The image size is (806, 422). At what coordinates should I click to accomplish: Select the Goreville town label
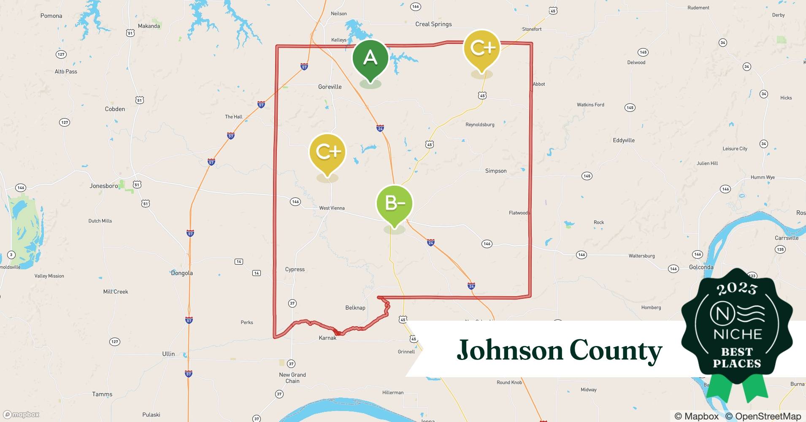(330, 87)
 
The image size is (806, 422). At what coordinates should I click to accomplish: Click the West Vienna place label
(332, 208)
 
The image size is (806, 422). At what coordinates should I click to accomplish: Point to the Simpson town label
(495, 171)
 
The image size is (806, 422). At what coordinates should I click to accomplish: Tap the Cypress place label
(295, 269)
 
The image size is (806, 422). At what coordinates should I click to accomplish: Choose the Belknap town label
(355, 308)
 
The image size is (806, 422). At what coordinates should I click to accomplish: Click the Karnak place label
(327, 338)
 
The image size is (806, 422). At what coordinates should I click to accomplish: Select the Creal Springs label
(433, 24)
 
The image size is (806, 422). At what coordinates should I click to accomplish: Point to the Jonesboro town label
(104, 186)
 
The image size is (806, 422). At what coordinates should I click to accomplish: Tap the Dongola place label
(182, 273)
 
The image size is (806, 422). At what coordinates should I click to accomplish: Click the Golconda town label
(701, 267)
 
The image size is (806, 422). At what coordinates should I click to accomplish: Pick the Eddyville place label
(623, 141)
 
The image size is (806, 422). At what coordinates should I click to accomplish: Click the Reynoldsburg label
(480, 124)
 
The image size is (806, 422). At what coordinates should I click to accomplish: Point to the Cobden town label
(115, 109)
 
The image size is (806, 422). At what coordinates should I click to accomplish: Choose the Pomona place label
(51, 16)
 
